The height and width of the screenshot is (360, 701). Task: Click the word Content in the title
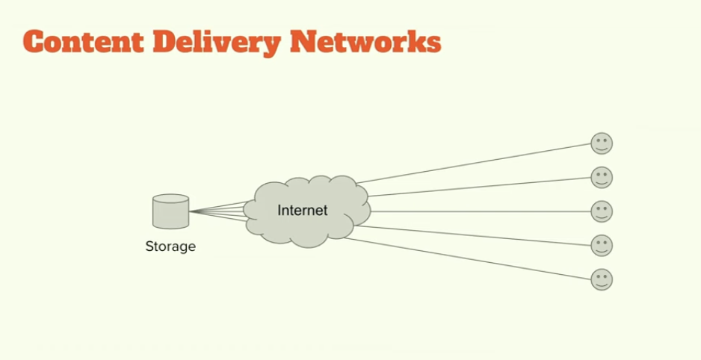pos(84,41)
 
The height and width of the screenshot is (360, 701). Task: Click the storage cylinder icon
pos(170,211)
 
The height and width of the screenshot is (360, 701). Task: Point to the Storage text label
pos(170,246)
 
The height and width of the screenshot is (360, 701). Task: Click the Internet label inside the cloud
pos(303,211)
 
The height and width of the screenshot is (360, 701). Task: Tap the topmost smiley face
pos(602,143)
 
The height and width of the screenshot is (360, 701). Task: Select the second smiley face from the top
pos(602,177)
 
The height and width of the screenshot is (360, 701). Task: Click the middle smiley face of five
pos(602,211)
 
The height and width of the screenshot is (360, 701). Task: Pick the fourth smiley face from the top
pos(602,245)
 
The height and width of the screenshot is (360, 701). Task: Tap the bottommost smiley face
pos(602,279)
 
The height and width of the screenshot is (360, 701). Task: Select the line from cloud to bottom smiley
pos(471,258)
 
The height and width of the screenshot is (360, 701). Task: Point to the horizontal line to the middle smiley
pos(478,211)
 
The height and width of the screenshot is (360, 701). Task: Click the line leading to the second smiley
pos(478,187)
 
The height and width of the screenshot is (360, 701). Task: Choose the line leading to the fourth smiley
pos(478,235)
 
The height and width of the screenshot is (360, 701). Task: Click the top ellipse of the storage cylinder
pos(170,199)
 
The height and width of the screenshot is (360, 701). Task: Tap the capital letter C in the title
pos(34,41)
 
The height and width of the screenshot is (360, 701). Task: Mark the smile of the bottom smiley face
pos(602,284)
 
